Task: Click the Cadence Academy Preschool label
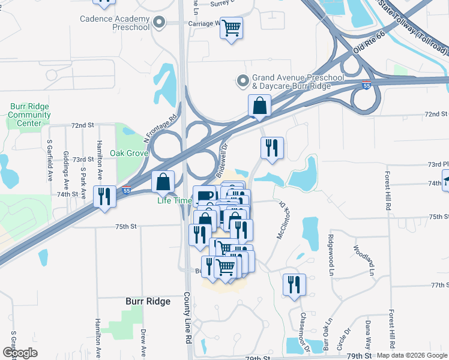115,23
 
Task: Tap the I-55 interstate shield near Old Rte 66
366,86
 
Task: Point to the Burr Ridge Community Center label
29,115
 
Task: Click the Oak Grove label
128,153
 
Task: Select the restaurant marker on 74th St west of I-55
104,196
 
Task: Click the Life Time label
174,200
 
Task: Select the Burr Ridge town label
148,301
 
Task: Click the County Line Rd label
187,318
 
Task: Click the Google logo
20,353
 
